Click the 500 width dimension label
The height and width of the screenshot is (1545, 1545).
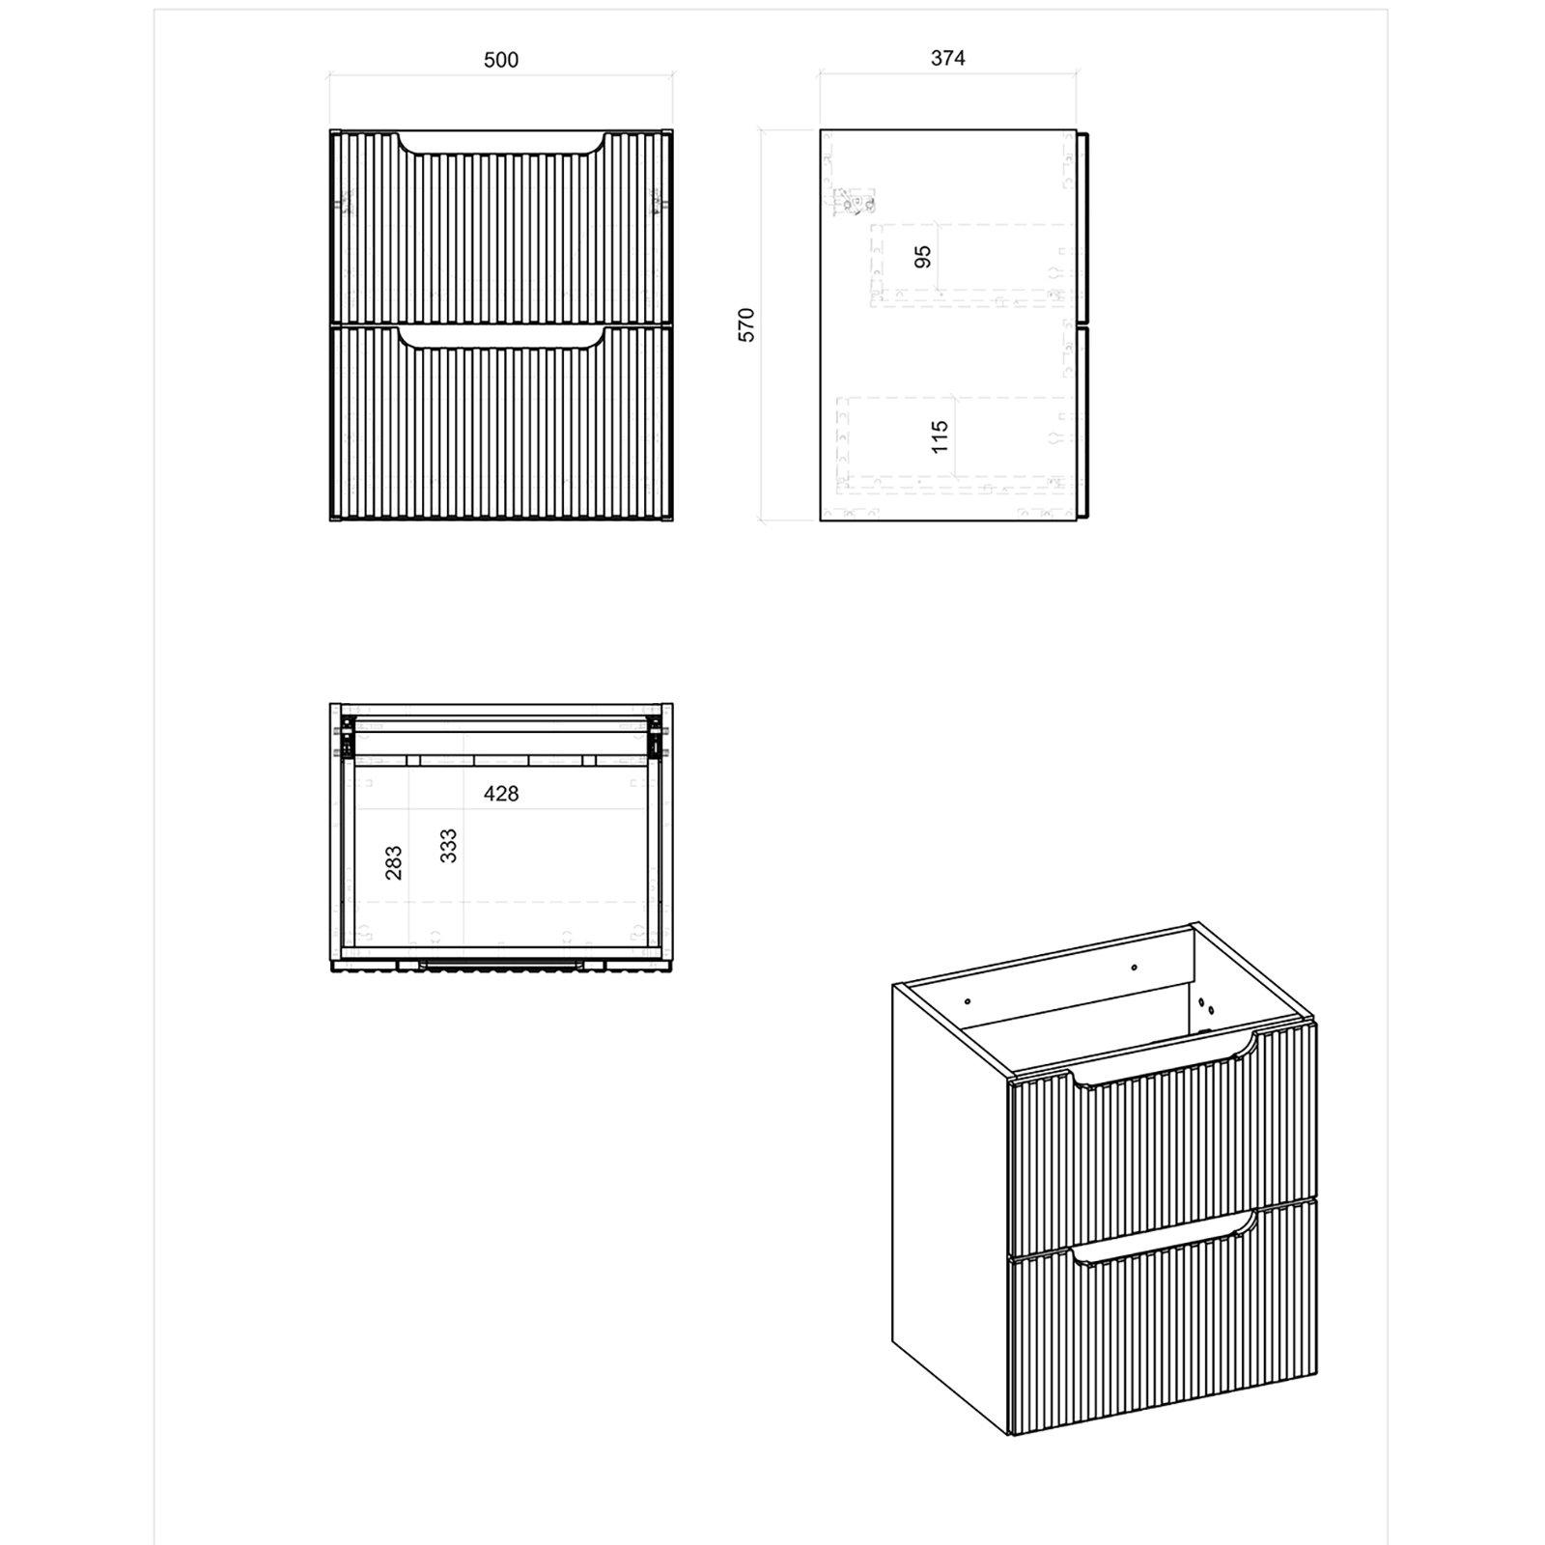coord(500,60)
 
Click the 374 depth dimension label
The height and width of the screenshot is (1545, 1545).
coord(947,58)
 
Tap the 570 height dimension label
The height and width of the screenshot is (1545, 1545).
coord(746,324)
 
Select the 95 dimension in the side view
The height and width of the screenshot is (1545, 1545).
coord(922,257)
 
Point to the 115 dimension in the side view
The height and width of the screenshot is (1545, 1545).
coord(940,435)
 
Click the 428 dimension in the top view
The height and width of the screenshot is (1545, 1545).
coord(501,794)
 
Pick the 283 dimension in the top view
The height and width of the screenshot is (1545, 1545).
coord(393,862)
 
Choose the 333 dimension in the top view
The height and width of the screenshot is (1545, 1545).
coord(447,846)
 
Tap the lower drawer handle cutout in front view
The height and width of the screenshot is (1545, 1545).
coord(501,343)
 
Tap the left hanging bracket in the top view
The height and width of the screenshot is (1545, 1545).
coord(341,743)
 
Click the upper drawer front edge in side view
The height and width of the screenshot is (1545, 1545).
coord(1084,227)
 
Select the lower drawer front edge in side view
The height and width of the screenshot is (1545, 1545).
coord(1084,424)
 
